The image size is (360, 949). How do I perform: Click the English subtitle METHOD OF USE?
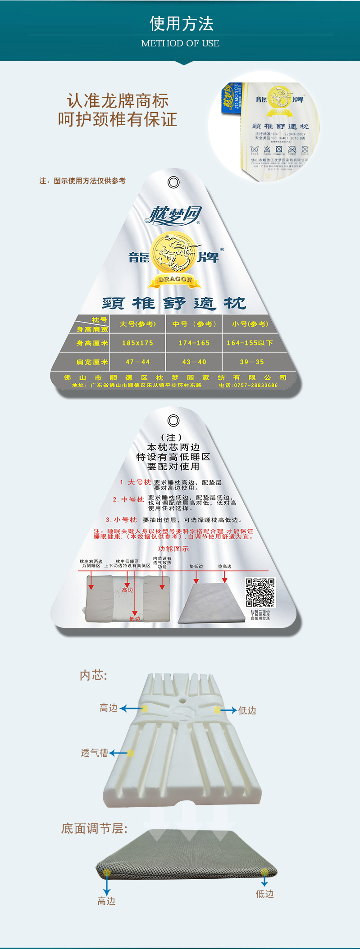(x=180, y=43)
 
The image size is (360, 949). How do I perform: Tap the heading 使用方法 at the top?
(x=181, y=23)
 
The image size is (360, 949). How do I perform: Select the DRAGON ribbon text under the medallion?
(x=175, y=280)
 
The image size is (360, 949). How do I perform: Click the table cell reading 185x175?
(x=137, y=343)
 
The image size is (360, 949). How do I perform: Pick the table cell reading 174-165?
(x=194, y=343)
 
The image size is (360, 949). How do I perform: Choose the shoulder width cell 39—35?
(x=252, y=362)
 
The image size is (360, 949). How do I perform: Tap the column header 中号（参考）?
(x=194, y=324)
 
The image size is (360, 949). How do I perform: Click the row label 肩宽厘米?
(x=92, y=362)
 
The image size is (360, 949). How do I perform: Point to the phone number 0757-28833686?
(x=249, y=386)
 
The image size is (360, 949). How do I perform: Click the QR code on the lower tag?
(x=260, y=592)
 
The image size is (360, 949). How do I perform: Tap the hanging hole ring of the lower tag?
(x=173, y=420)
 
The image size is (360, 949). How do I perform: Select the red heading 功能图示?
(x=173, y=549)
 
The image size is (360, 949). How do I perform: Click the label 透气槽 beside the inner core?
(x=94, y=753)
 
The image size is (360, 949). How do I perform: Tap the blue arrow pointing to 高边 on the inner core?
(x=132, y=708)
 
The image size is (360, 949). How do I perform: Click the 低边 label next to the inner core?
(x=247, y=711)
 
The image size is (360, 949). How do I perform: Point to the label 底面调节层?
(x=95, y=829)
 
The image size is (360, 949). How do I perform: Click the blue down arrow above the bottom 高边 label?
(x=107, y=886)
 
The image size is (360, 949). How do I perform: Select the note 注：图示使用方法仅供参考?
(x=82, y=181)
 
